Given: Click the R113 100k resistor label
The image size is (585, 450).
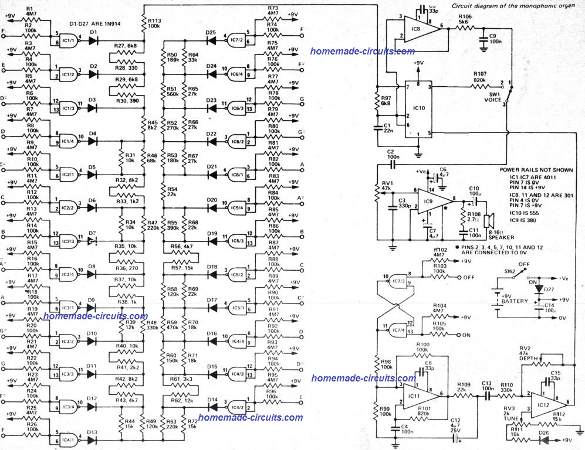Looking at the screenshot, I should click(x=154, y=23).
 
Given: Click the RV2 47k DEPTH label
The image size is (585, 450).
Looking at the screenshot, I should click(x=529, y=354).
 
